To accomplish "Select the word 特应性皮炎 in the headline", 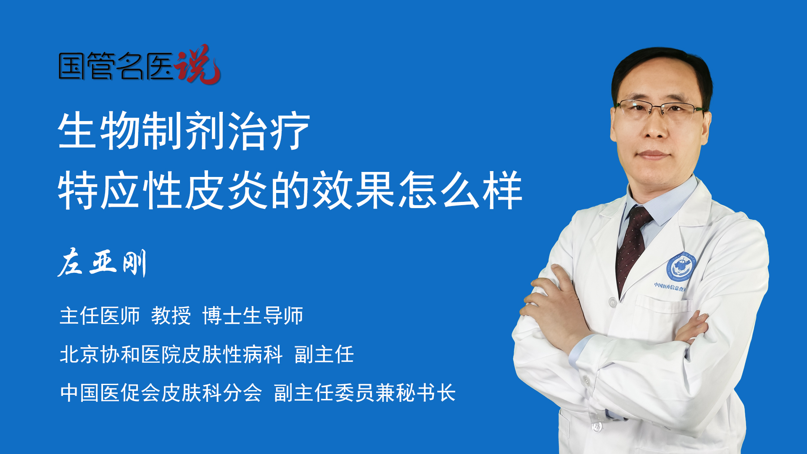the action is click(x=164, y=190).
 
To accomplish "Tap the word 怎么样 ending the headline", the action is click(x=461, y=190).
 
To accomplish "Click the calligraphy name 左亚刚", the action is click(x=102, y=263).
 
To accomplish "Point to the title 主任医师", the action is click(x=100, y=316).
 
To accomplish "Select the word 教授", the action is click(x=171, y=316).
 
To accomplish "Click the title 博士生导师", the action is click(x=253, y=316).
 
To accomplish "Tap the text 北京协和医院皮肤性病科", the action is click(x=171, y=354).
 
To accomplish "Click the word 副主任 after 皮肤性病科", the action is click(x=324, y=354).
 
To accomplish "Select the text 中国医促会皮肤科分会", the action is click(x=161, y=393).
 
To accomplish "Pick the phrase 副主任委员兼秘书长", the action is click(x=365, y=393).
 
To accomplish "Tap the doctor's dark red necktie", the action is click(x=633, y=248).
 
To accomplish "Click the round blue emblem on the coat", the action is click(x=681, y=267).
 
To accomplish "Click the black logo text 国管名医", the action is click(x=116, y=66).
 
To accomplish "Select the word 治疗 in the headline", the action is click(x=269, y=131).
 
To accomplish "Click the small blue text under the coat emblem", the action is click(x=670, y=287).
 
